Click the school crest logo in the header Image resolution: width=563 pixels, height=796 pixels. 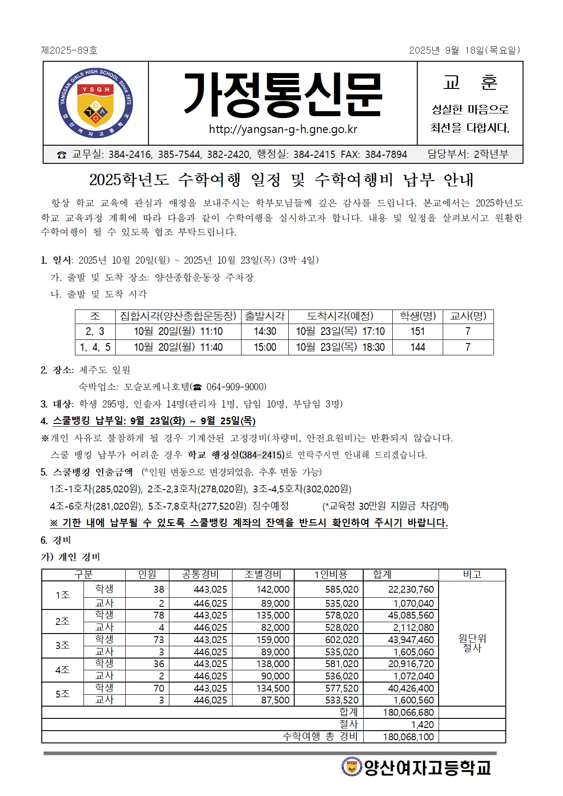pyautogui.click(x=96, y=103)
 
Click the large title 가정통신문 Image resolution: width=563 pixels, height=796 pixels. pyautogui.click(x=283, y=95)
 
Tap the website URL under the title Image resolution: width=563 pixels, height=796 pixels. pyautogui.click(x=283, y=129)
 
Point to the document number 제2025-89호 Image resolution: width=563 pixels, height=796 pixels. pyautogui.click(x=69, y=50)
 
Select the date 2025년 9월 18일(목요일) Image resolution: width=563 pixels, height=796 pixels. pyautogui.click(x=464, y=50)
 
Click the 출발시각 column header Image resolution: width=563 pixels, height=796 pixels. pyautogui.click(x=265, y=316)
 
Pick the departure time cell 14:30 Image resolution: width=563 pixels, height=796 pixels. pyautogui.click(x=265, y=331)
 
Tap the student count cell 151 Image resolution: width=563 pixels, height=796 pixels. pyautogui.click(x=417, y=331)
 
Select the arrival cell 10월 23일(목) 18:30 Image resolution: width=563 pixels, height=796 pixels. pyautogui.click(x=340, y=347)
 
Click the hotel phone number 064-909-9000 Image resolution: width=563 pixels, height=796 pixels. pyautogui.click(x=236, y=387)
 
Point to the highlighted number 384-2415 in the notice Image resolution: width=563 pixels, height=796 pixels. pyautogui.click(x=262, y=455)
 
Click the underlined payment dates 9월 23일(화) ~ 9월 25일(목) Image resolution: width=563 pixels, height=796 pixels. pyautogui.click(x=193, y=421)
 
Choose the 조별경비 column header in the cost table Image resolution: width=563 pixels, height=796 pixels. pyautogui.click(x=263, y=575)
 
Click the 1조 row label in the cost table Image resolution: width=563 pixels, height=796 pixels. pyautogui.click(x=63, y=595)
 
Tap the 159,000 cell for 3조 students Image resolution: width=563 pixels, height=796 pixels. pyautogui.click(x=272, y=639)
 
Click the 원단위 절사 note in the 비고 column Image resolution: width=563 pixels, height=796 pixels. pyautogui.click(x=472, y=643)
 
